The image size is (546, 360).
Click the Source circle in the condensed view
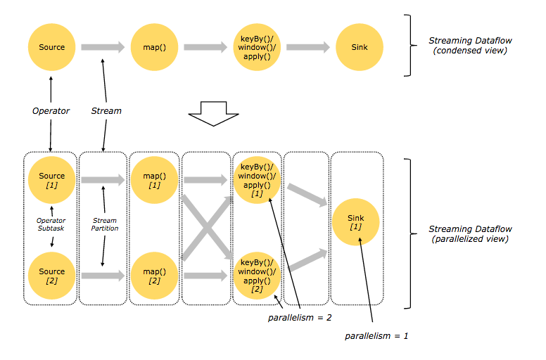pos(51,47)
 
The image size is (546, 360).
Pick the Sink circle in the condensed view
pos(359,47)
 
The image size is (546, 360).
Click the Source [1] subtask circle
pos(51,180)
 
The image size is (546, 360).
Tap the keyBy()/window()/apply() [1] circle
pos(257,180)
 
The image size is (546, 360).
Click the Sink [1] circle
pos(355,224)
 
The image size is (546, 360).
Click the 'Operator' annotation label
pos(51,110)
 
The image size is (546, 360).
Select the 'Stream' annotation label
pos(106,110)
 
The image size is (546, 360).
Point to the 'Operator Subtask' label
pos(51,224)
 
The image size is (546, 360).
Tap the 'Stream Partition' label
pos(105,224)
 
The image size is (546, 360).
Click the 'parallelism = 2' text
pos(299,318)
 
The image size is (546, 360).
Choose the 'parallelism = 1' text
pos(376,336)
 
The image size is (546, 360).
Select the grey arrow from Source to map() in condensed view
pos(102,47)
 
